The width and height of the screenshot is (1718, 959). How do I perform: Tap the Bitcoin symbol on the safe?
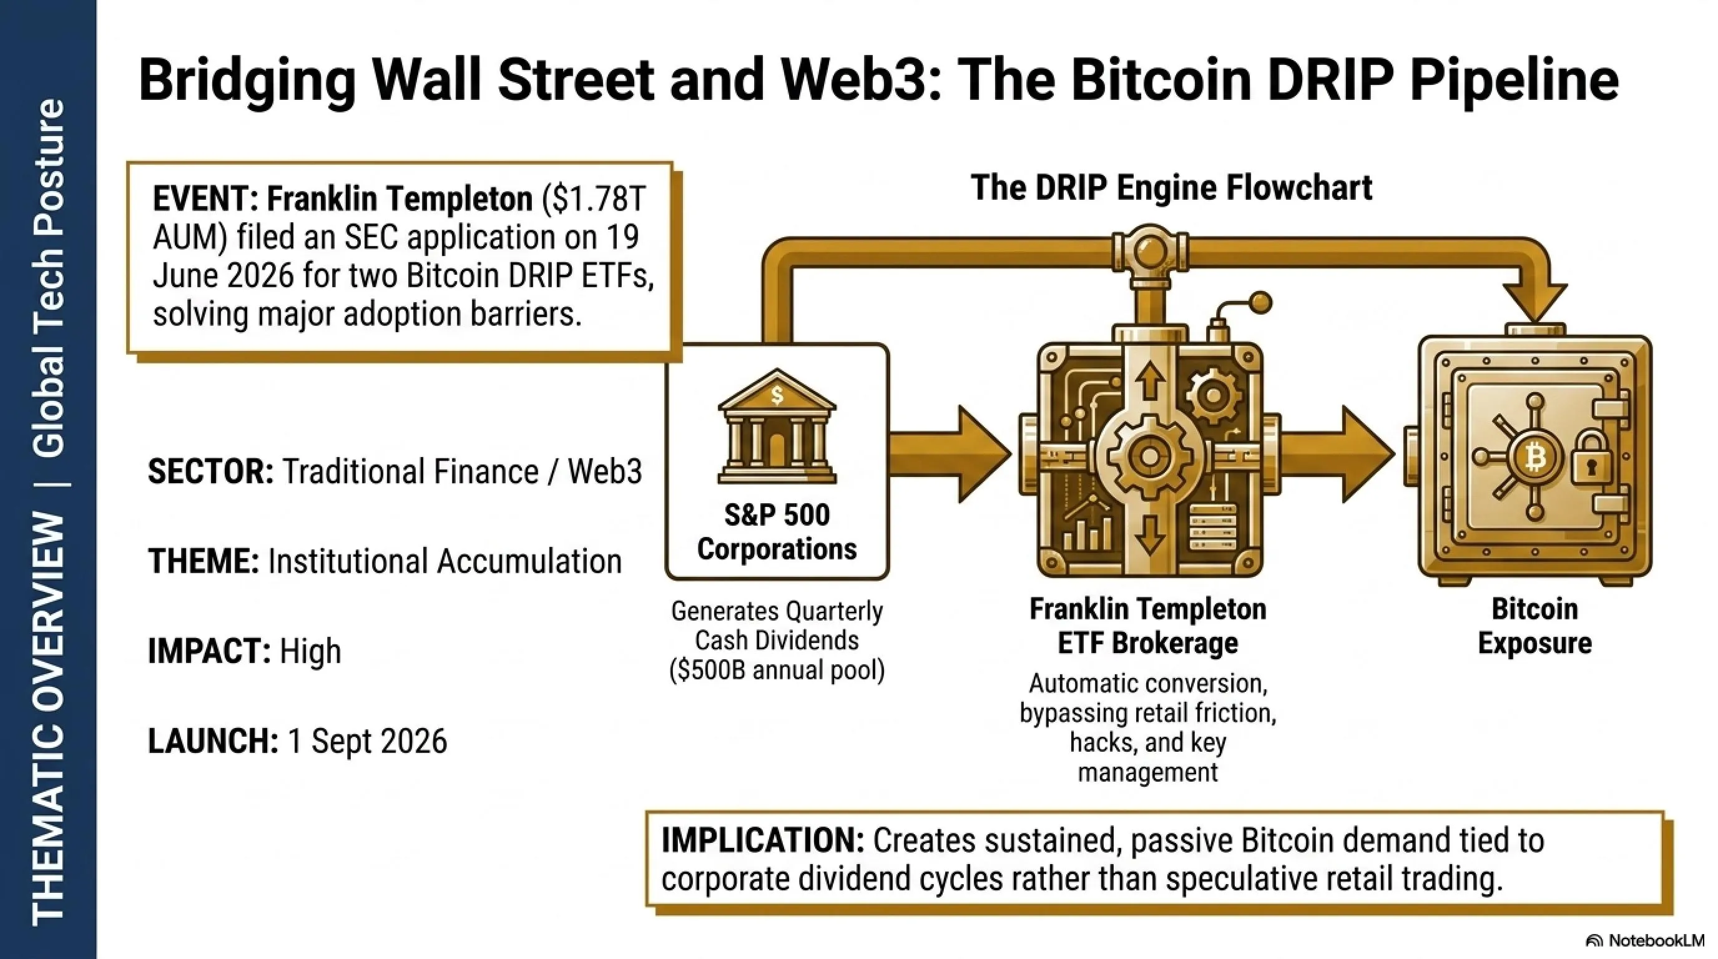point(1535,458)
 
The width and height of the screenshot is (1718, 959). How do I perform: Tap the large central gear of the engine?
point(1149,456)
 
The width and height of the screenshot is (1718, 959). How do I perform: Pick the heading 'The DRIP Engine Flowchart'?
point(1171,187)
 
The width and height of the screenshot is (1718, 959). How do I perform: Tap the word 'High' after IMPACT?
point(310,651)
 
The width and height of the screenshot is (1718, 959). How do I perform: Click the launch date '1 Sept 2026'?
point(367,741)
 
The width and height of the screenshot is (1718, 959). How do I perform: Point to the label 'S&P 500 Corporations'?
point(777,531)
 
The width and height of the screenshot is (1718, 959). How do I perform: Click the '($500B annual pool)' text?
point(777,670)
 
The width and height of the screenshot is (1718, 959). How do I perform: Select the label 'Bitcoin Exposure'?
point(1534,626)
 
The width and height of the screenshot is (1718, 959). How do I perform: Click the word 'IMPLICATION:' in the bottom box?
point(762,840)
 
